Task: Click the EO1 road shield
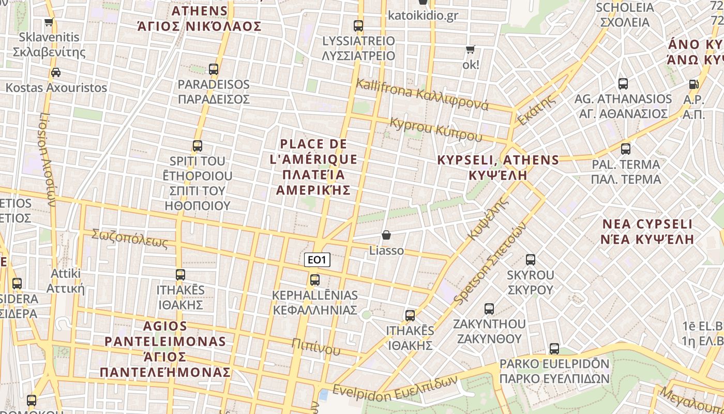pos(316,260)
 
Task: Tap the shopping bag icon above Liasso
pos(386,235)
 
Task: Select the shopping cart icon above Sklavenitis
pos(49,22)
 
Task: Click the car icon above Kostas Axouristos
pos(56,72)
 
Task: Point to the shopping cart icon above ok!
pos(470,50)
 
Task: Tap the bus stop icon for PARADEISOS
pos(213,69)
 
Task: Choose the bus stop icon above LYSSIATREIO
pos(358,25)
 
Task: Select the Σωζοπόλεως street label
pos(130,238)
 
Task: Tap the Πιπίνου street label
pos(315,347)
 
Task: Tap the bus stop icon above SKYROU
pos(530,260)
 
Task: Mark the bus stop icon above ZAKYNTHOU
pos(489,309)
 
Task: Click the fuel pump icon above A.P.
pos(693,84)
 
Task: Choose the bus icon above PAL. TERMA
pos(626,149)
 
